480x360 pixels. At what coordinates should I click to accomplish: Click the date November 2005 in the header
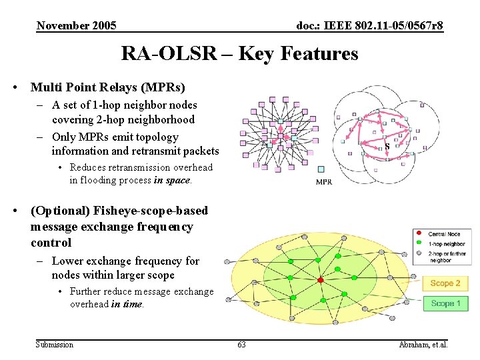pos(77,26)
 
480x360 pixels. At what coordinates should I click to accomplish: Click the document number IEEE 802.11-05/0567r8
pos(369,26)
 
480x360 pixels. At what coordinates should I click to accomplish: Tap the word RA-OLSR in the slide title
pos(169,53)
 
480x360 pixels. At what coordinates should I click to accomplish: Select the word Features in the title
pos(322,53)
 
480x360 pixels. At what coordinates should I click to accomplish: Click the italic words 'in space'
pos(172,180)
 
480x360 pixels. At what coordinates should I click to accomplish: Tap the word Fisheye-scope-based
pos(151,211)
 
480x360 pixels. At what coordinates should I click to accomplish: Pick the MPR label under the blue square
pos(324,181)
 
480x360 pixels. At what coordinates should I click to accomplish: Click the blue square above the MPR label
pos(321,169)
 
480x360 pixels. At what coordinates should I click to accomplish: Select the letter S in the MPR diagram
pos(387,146)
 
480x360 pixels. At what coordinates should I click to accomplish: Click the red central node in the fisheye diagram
pos(320,280)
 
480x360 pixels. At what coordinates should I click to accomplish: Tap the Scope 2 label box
pos(445,283)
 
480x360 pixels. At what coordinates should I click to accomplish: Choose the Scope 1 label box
pos(445,303)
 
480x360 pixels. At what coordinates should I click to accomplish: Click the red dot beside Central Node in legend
pos(419,233)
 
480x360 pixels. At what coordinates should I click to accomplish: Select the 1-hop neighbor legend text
pos(447,244)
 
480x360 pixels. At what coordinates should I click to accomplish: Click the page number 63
pos(241,345)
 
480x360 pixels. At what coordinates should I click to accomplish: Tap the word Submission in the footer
pos(55,345)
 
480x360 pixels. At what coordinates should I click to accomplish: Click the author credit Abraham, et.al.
pos(423,345)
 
